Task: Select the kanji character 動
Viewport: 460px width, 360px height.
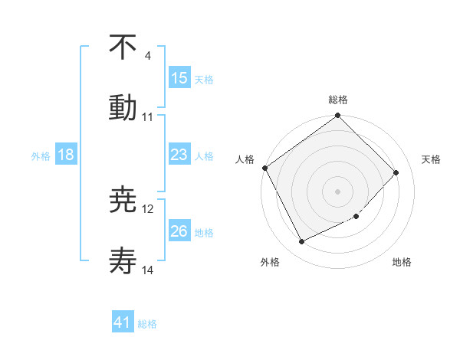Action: pos(123,108)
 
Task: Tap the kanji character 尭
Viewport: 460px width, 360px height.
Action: pos(123,201)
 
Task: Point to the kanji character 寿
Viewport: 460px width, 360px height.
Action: pos(123,261)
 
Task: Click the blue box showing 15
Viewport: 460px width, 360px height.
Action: pos(179,77)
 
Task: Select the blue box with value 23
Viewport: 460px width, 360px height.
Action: pos(179,155)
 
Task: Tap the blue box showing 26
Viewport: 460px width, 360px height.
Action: pos(179,231)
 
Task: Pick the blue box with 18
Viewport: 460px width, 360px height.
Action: pos(66,155)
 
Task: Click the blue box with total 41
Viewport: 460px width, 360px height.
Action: pos(123,323)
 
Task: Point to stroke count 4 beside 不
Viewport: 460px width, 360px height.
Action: pos(147,56)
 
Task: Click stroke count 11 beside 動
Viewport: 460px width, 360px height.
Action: pos(147,117)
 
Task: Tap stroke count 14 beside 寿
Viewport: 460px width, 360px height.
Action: pos(148,270)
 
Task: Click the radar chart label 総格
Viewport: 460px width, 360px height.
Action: pos(338,100)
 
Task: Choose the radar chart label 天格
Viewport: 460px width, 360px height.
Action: pos(432,159)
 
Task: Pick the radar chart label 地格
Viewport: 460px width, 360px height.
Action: pos(402,262)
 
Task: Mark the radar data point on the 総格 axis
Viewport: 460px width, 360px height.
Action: pos(338,116)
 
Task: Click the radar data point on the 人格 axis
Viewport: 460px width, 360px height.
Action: pos(265,168)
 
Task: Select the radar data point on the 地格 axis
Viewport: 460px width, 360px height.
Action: pos(356,217)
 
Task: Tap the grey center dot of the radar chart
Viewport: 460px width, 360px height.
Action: pos(338,191)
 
